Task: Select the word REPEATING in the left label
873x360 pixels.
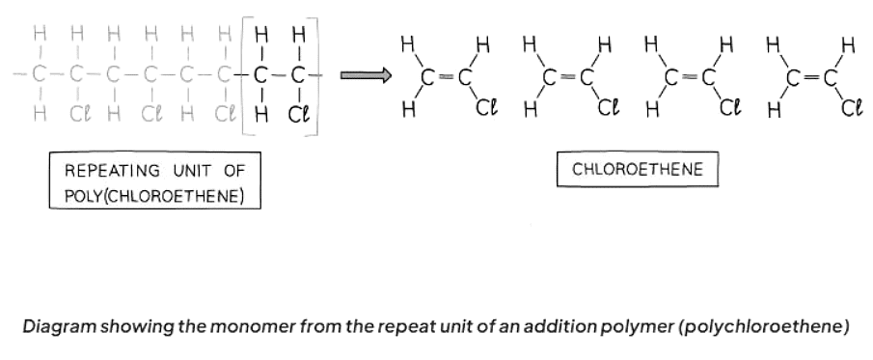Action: (x=107, y=171)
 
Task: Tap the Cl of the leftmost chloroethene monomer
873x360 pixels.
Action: (x=485, y=107)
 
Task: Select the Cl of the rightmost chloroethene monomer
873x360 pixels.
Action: (x=850, y=107)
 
